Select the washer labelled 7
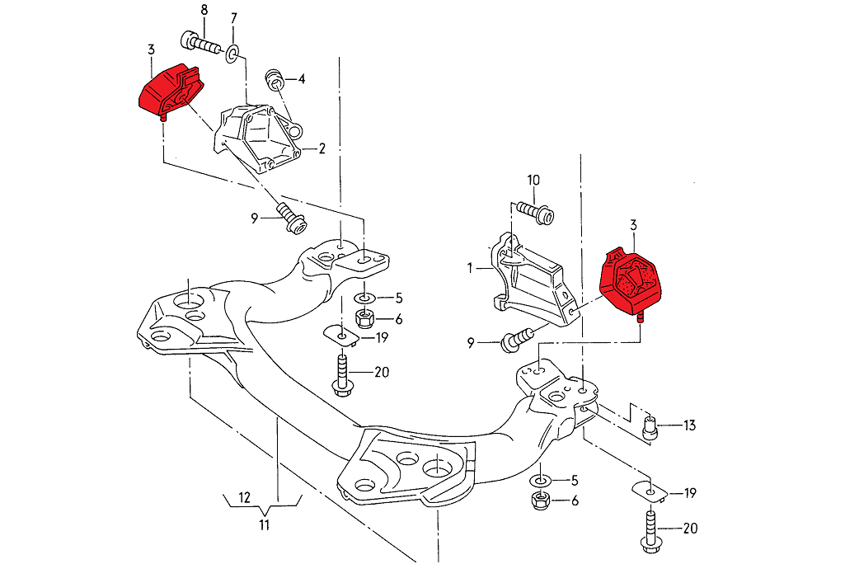coord(232,54)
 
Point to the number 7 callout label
coord(233,18)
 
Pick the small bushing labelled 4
coord(274,80)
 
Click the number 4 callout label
coord(302,79)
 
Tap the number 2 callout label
coord(322,149)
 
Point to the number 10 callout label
coord(533,180)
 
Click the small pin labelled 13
coord(649,427)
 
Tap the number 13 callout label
coord(689,425)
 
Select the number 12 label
coord(243,497)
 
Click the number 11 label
coord(264,524)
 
